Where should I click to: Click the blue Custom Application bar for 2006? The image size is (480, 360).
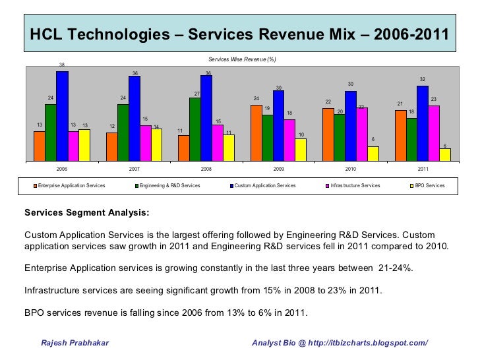62,115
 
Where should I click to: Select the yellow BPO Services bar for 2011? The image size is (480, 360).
445,154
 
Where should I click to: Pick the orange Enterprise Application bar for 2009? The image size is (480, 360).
256,133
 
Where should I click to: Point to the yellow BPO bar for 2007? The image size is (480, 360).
156,144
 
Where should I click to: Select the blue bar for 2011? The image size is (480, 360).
422,123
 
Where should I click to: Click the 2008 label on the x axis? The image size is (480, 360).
206,169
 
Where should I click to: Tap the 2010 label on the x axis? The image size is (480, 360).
351,169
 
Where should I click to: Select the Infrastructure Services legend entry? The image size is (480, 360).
355,186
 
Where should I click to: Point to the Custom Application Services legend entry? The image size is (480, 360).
264,186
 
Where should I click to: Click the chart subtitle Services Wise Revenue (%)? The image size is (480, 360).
241,60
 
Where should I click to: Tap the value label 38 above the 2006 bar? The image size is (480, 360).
62,65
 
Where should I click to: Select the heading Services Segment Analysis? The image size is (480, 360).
86,213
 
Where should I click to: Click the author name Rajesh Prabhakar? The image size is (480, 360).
75,344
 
